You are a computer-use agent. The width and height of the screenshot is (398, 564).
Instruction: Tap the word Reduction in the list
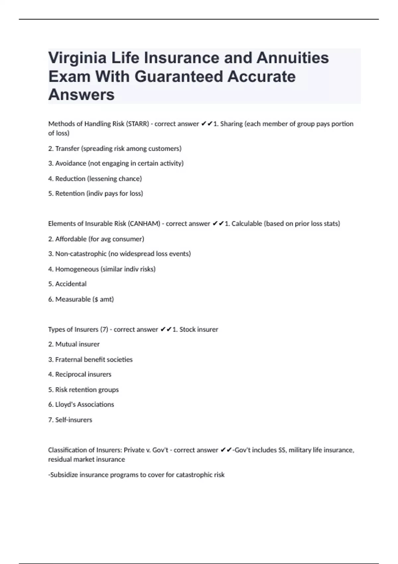click(70, 178)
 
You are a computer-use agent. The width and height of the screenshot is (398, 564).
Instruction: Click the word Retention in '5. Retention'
click(70, 193)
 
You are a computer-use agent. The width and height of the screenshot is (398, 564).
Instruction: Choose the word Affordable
click(71, 239)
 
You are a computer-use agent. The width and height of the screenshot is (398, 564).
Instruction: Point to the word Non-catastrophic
click(81, 254)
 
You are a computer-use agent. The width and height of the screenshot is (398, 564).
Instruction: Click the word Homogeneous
click(77, 269)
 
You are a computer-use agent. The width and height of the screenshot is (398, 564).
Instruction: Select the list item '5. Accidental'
click(67, 284)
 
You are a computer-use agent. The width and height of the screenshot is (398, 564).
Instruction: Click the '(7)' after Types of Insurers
click(104, 329)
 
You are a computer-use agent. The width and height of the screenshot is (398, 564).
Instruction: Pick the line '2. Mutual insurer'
click(74, 344)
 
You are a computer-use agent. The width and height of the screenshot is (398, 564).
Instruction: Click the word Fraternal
click(69, 360)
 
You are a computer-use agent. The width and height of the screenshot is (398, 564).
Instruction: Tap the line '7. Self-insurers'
click(70, 420)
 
